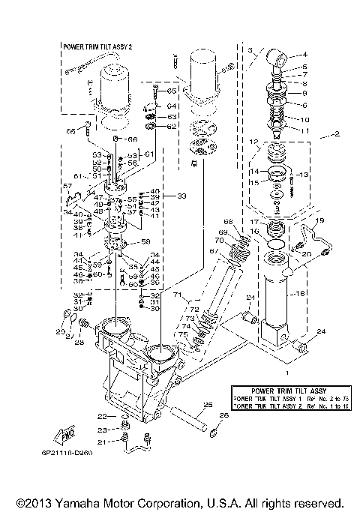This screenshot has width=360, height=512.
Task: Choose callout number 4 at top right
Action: point(305,54)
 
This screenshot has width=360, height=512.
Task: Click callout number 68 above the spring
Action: point(228,220)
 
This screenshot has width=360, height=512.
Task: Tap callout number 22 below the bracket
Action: point(100,415)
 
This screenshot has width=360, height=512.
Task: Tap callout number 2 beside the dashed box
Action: point(337,136)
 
